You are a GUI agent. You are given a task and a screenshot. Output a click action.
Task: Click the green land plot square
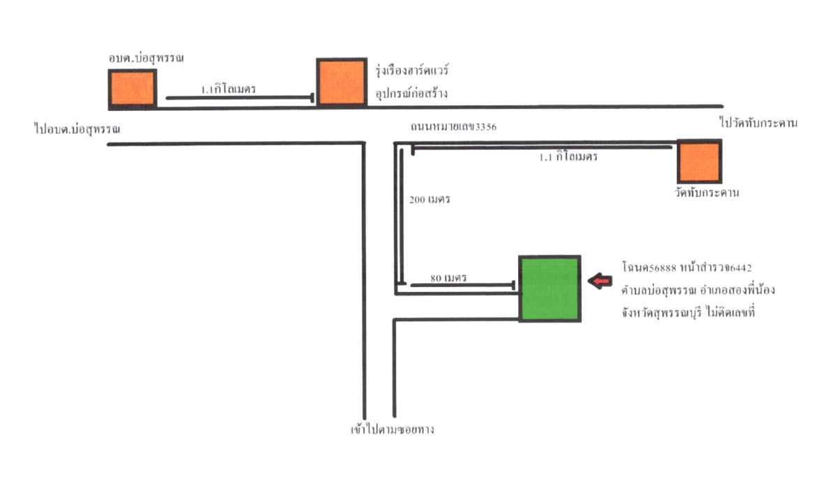coord(550,289)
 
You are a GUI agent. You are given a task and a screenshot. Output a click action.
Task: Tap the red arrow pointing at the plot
coord(600,281)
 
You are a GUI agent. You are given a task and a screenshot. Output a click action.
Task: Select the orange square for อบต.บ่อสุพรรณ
coord(133,89)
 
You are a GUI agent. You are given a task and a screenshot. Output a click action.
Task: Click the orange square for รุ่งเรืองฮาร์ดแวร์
coord(341,82)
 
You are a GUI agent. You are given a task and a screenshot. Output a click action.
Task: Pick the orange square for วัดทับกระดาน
coord(699,161)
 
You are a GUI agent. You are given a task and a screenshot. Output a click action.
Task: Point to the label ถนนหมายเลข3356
coord(453,127)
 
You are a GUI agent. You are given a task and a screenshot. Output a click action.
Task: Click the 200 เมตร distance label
coord(429,200)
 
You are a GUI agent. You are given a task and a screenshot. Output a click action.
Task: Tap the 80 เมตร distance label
coord(448,278)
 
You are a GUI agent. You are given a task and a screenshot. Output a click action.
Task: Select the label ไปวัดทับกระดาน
coord(758,123)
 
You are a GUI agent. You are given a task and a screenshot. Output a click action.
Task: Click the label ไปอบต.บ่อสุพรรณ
coord(77,129)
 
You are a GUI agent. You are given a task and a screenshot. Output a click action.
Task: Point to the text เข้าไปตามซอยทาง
coord(392,429)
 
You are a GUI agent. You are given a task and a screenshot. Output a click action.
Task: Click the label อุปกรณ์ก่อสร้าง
coord(411,93)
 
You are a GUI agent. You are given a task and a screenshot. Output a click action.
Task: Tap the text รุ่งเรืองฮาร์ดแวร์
coord(412,71)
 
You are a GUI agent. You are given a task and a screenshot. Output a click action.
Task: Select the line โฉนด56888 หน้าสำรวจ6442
coord(687,268)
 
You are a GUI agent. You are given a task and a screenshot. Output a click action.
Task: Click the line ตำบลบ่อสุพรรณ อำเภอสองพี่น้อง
coord(698,290)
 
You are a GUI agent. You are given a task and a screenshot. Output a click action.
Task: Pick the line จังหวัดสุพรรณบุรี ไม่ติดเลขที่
coord(689,312)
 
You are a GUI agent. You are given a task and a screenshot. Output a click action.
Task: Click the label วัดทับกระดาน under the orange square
coord(707,193)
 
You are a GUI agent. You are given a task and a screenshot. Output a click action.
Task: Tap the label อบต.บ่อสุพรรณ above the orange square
coord(146,58)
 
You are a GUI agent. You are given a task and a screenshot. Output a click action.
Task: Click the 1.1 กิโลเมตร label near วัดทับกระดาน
coord(568,156)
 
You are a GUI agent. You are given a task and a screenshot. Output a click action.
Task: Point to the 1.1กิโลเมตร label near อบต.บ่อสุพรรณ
coord(228,89)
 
